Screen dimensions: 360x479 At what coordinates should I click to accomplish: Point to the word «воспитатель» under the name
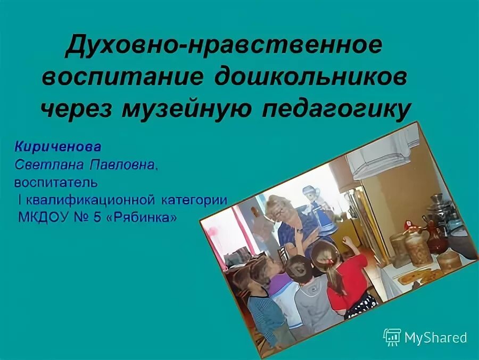coord(56,183)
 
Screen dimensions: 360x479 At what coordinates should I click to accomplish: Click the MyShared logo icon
coord(392,337)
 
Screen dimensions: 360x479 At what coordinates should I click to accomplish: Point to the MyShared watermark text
coord(435,338)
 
